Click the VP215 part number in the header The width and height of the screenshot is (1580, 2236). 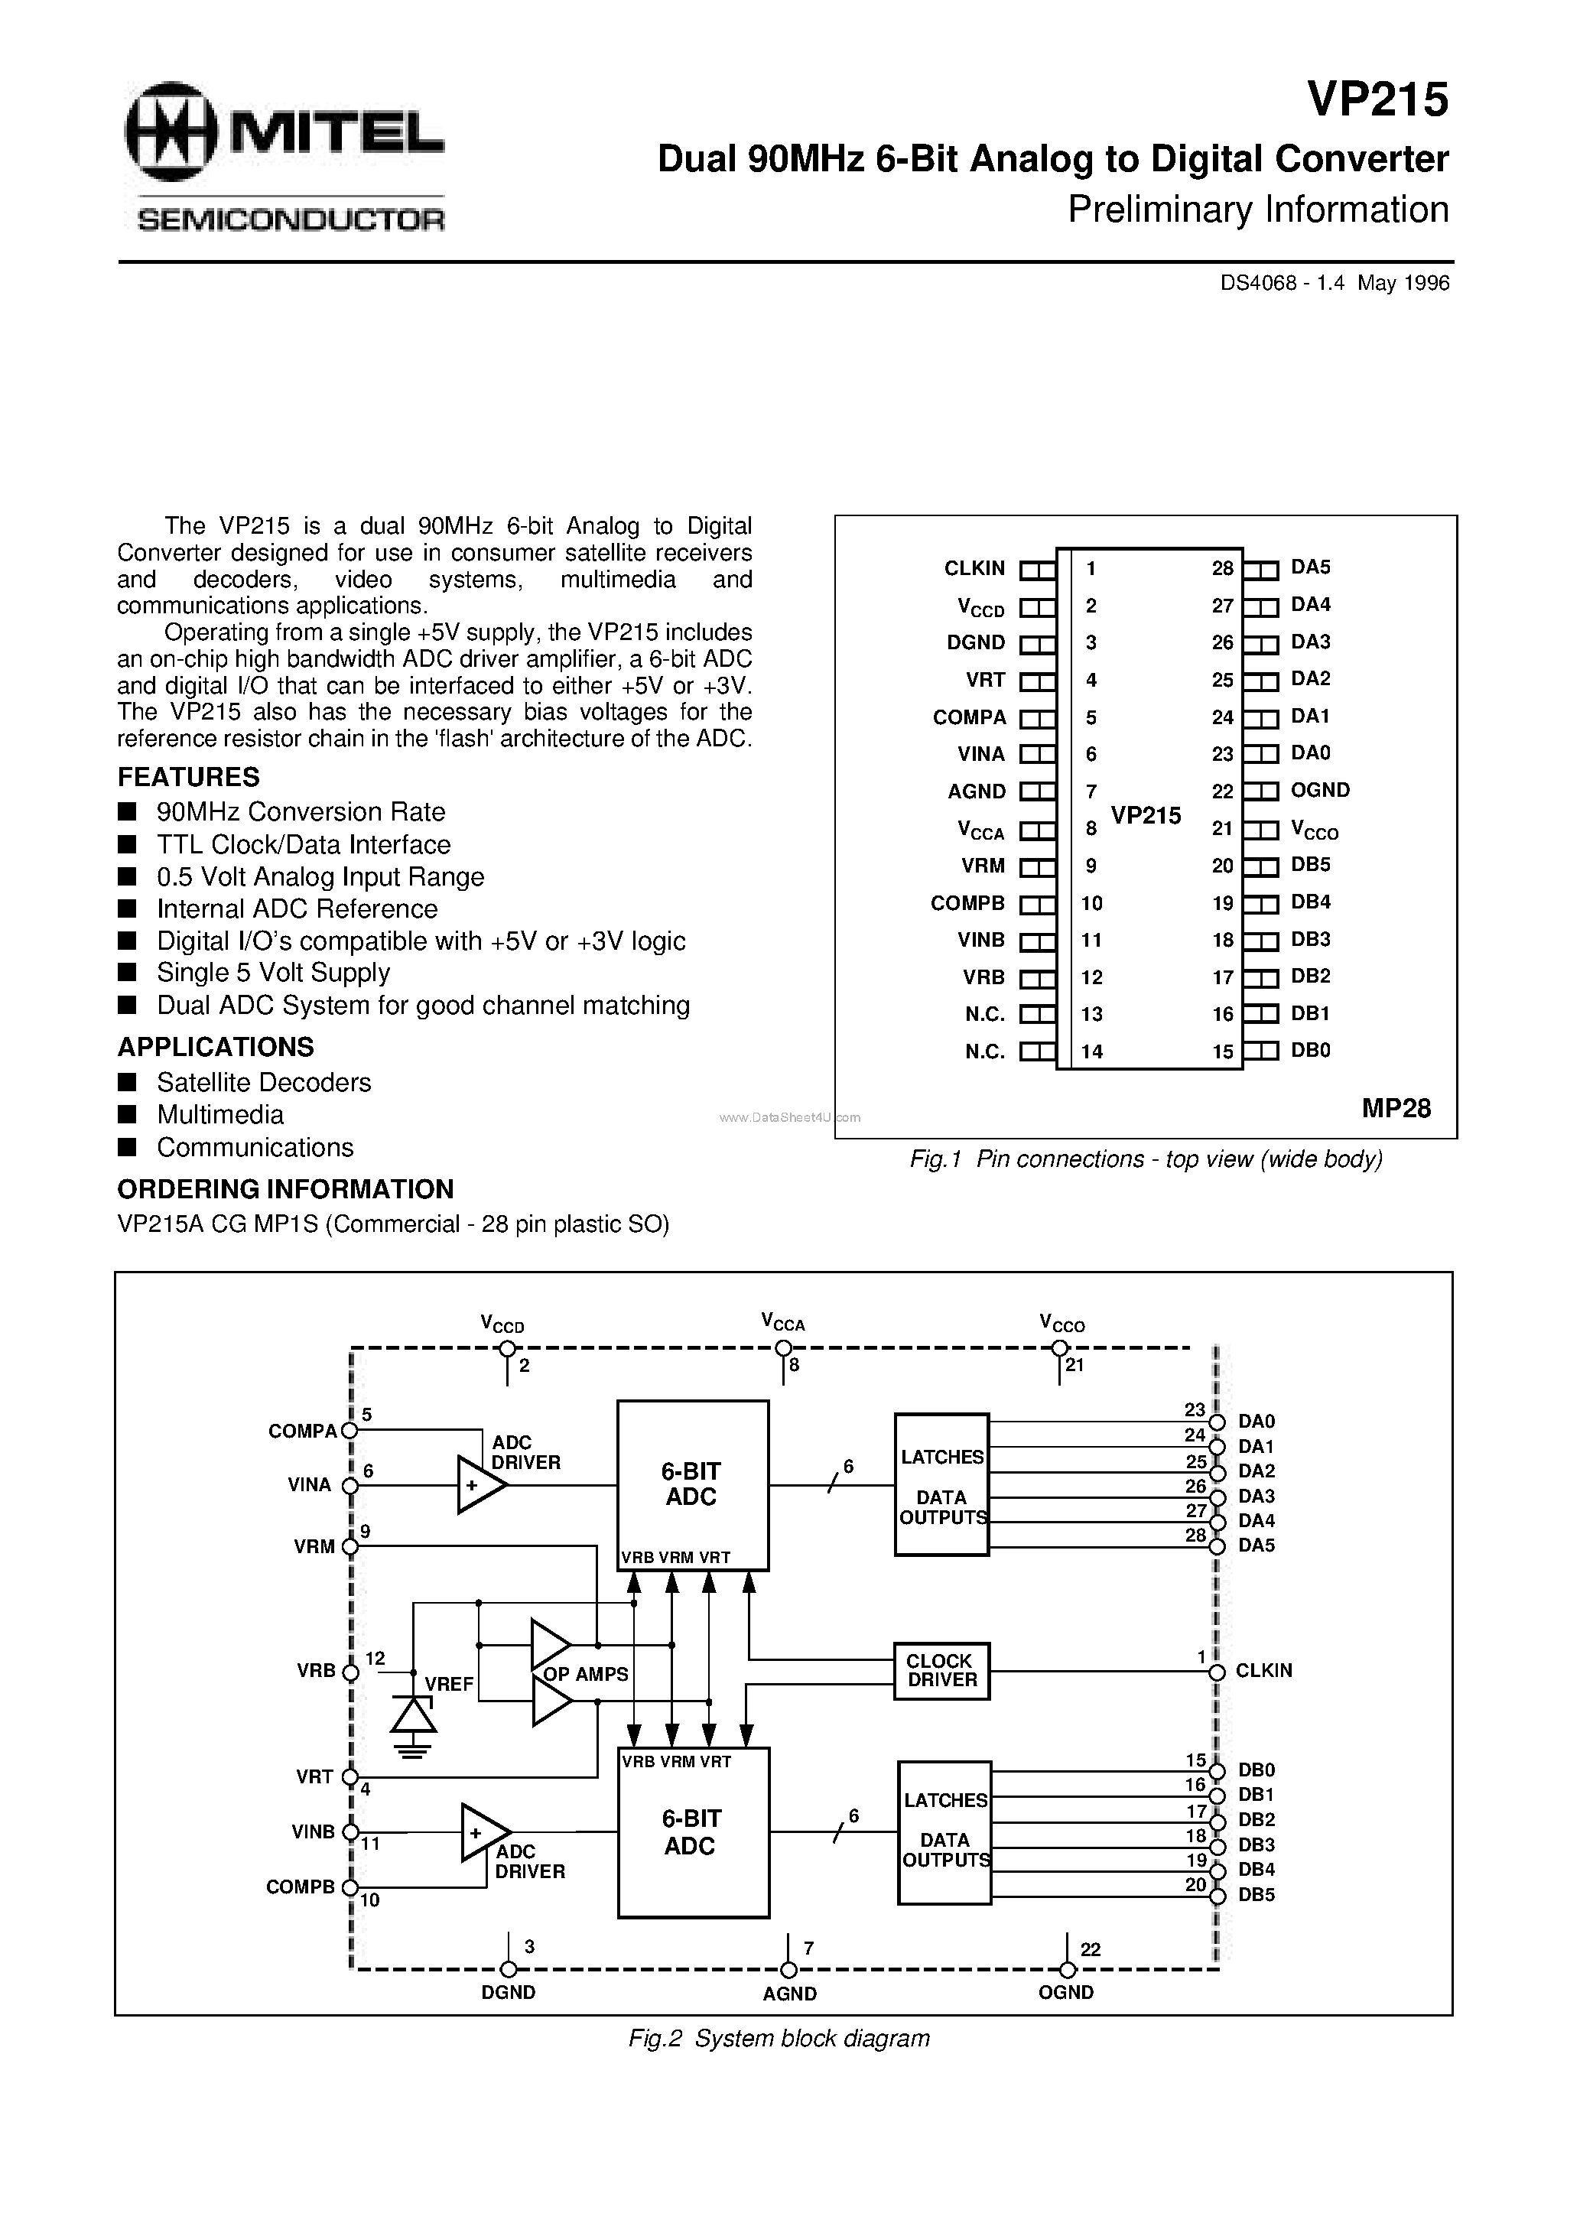(1377, 99)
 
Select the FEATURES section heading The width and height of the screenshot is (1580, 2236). (189, 777)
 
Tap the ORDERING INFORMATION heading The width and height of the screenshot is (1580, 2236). (285, 1189)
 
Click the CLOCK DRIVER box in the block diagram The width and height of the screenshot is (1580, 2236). (941, 1671)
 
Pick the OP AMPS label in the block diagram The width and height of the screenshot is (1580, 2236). (586, 1674)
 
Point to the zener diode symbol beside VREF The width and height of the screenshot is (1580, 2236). (414, 1714)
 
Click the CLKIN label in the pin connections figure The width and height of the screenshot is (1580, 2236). (974, 567)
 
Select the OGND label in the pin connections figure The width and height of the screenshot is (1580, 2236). (1320, 790)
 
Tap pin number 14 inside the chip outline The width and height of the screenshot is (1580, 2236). (1092, 1051)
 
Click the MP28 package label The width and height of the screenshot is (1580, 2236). (1396, 1108)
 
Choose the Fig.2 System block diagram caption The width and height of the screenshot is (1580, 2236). (779, 2038)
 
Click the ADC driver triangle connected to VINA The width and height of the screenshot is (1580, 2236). (480, 1485)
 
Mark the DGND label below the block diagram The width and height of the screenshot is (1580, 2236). (509, 1993)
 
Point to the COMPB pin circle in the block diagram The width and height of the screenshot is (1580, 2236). (349, 1887)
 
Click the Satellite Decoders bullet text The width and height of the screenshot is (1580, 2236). (264, 1082)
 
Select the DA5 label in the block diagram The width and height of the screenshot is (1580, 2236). (1257, 1545)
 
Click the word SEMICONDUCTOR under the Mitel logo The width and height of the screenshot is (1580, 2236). (291, 220)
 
